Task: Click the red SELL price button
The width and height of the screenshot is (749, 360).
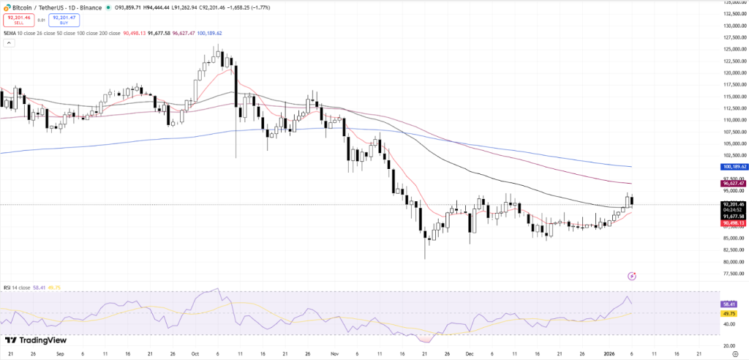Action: coord(18,20)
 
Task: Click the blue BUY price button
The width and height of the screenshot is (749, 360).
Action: coord(64,20)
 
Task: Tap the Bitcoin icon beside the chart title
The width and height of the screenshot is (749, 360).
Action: coord(7,7)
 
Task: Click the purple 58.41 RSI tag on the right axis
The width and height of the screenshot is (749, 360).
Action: coord(728,303)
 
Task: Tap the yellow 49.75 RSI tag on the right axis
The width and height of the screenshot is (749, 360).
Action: coord(728,313)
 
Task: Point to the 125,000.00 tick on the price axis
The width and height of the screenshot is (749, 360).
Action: coord(731,49)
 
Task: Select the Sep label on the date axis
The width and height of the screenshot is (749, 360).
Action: coord(60,353)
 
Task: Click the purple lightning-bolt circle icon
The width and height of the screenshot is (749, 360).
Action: coord(633,276)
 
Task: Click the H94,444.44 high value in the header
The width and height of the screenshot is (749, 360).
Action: coord(157,7)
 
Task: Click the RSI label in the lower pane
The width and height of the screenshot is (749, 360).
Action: coord(8,288)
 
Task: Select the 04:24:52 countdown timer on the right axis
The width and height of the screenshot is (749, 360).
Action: coord(731,210)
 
